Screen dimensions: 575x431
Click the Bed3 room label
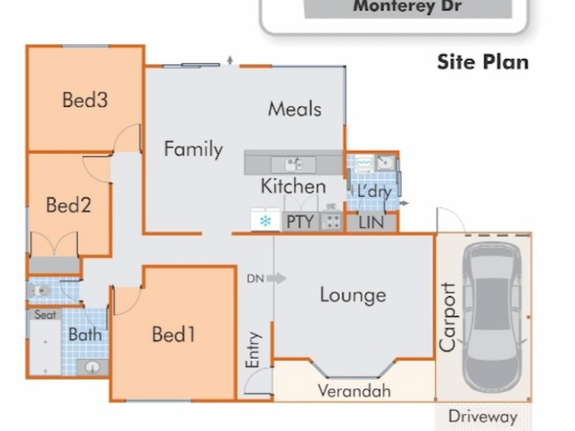point(85,100)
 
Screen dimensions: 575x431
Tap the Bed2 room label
point(68,205)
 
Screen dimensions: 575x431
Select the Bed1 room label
point(173,334)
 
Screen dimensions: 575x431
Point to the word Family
point(193,149)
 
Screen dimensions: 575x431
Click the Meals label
point(295,109)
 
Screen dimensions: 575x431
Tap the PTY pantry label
point(300,222)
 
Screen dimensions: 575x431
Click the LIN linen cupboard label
point(371,222)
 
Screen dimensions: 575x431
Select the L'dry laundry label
point(375,191)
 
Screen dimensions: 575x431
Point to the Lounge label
point(353,294)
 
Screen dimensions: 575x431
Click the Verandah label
point(355,390)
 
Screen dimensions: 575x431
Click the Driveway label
point(483,417)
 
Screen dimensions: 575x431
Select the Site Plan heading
point(483,62)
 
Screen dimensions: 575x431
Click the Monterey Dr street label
point(407,6)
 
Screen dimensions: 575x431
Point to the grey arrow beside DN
point(277,278)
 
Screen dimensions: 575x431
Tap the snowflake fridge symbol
point(265,221)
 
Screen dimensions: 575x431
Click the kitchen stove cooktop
point(332,221)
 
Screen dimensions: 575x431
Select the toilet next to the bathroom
point(39,291)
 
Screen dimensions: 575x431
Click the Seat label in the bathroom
point(45,314)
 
